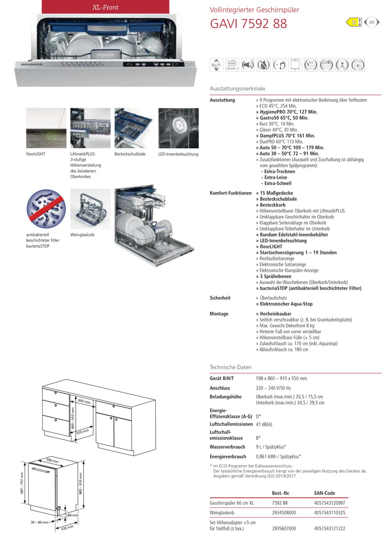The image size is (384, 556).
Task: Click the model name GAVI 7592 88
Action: pos(249,24)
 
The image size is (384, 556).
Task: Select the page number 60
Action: pos(372,22)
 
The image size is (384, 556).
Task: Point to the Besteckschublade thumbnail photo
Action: pos(133,128)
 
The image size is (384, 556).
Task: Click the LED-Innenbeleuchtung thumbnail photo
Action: pos(178,128)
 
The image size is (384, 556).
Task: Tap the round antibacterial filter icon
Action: pos(46,209)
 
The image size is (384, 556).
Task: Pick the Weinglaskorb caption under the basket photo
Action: pos(82,235)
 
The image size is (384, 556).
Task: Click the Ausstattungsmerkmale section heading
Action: pos(237,88)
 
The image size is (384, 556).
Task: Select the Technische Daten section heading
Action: pos(230,368)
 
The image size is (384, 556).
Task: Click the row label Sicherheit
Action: pos(220,298)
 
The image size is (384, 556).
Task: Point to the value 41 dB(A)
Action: pos(264,424)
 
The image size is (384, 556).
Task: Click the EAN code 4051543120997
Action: pos(330,503)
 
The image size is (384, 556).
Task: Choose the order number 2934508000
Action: pos(284,512)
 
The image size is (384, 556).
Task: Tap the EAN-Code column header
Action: pos(325,493)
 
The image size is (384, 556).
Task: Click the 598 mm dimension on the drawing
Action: pos(52,460)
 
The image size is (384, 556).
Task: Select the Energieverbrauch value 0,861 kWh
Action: pos(278,457)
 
